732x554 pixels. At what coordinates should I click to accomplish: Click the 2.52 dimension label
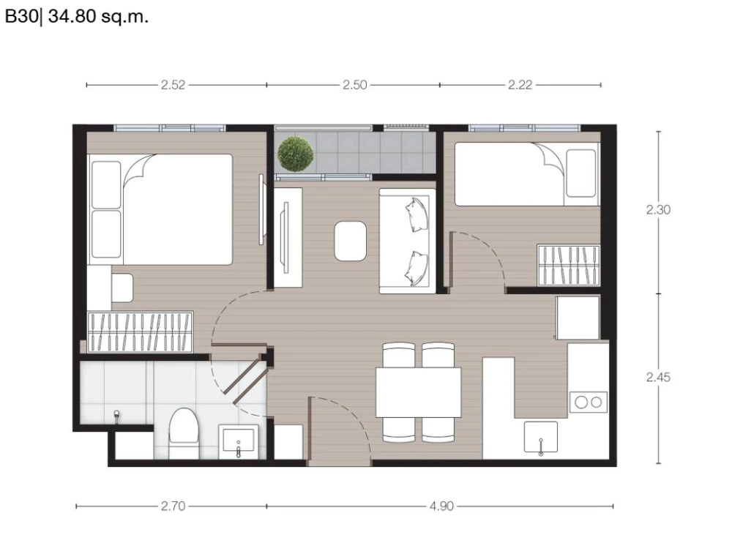click(x=173, y=85)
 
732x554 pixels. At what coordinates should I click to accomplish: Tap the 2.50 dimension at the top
click(x=355, y=85)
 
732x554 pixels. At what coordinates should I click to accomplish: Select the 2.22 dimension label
click(x=520, y=85)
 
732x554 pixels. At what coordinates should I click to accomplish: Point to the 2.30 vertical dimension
click(x=658, y=210)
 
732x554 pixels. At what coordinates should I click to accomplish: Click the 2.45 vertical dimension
click(x=658, y=377)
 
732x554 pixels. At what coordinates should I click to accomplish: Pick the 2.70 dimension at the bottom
click(x=173, y=506)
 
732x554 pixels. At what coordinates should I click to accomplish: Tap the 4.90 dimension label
click(x=441, y=506)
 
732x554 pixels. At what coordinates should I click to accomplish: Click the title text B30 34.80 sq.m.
click(x=77, y=17)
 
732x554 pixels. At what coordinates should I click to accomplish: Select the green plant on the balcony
click(x=295, y=154)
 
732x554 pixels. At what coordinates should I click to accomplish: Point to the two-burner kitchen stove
click(x=589, y=402)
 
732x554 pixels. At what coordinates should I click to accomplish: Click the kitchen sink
click(x=541, y=437)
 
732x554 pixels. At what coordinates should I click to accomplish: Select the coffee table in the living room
click(x=350, y=241)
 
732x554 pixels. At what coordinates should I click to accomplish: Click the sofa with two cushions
click(x=408, y=241)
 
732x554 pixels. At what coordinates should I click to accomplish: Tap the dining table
click(x=418, y=392)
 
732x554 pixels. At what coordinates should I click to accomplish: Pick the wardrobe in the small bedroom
click(x=569, y=265)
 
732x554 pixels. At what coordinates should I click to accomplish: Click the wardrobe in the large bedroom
click(x=140, y=332)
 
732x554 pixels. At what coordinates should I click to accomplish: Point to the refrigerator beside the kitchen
click(x=578, y=318)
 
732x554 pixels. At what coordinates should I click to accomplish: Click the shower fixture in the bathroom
click(x=116, y=414)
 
